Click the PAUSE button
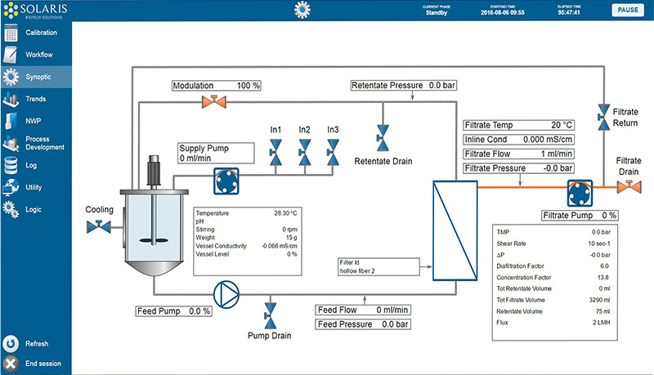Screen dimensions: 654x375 pos(628,10)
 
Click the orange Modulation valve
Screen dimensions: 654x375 pos(214,101)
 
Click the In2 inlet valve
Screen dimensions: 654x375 pos(304,153)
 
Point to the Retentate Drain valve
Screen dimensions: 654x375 pos(383,138)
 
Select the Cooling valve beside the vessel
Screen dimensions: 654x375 pos(99,226)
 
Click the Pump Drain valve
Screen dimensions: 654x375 pos(270,316)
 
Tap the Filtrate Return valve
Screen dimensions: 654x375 pos(603,117)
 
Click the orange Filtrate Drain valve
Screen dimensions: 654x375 pos(629,186)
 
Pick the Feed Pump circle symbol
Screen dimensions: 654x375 pos(226,295)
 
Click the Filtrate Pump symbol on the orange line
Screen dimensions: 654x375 pos(580,194)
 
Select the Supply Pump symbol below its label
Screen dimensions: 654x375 pos(226,181)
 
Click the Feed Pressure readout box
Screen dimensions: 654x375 pos(363,324)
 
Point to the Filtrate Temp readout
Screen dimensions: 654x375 pos(519,125)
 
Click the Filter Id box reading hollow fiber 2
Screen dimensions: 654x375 pos(379,266)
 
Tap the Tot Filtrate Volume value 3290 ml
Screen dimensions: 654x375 pos(599,300)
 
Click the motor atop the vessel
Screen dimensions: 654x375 pos(154,171)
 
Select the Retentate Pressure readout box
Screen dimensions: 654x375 pos(403,86)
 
